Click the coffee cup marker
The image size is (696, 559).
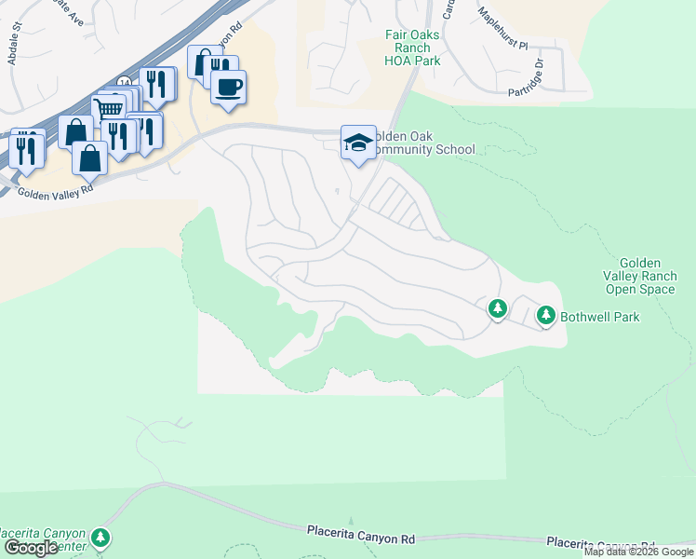228,88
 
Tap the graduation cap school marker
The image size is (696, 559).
358,143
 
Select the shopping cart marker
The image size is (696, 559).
110,109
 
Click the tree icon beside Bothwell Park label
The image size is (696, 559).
546,316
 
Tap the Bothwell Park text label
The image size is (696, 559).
600,317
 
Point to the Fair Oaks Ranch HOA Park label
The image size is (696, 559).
412,48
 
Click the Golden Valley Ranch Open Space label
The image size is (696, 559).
639,277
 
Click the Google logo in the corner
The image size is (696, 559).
31,548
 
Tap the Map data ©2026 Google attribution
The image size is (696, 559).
638,552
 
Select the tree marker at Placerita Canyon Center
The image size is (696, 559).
100,538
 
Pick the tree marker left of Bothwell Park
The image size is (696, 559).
498,307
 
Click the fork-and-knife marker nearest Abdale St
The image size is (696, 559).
27,147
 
